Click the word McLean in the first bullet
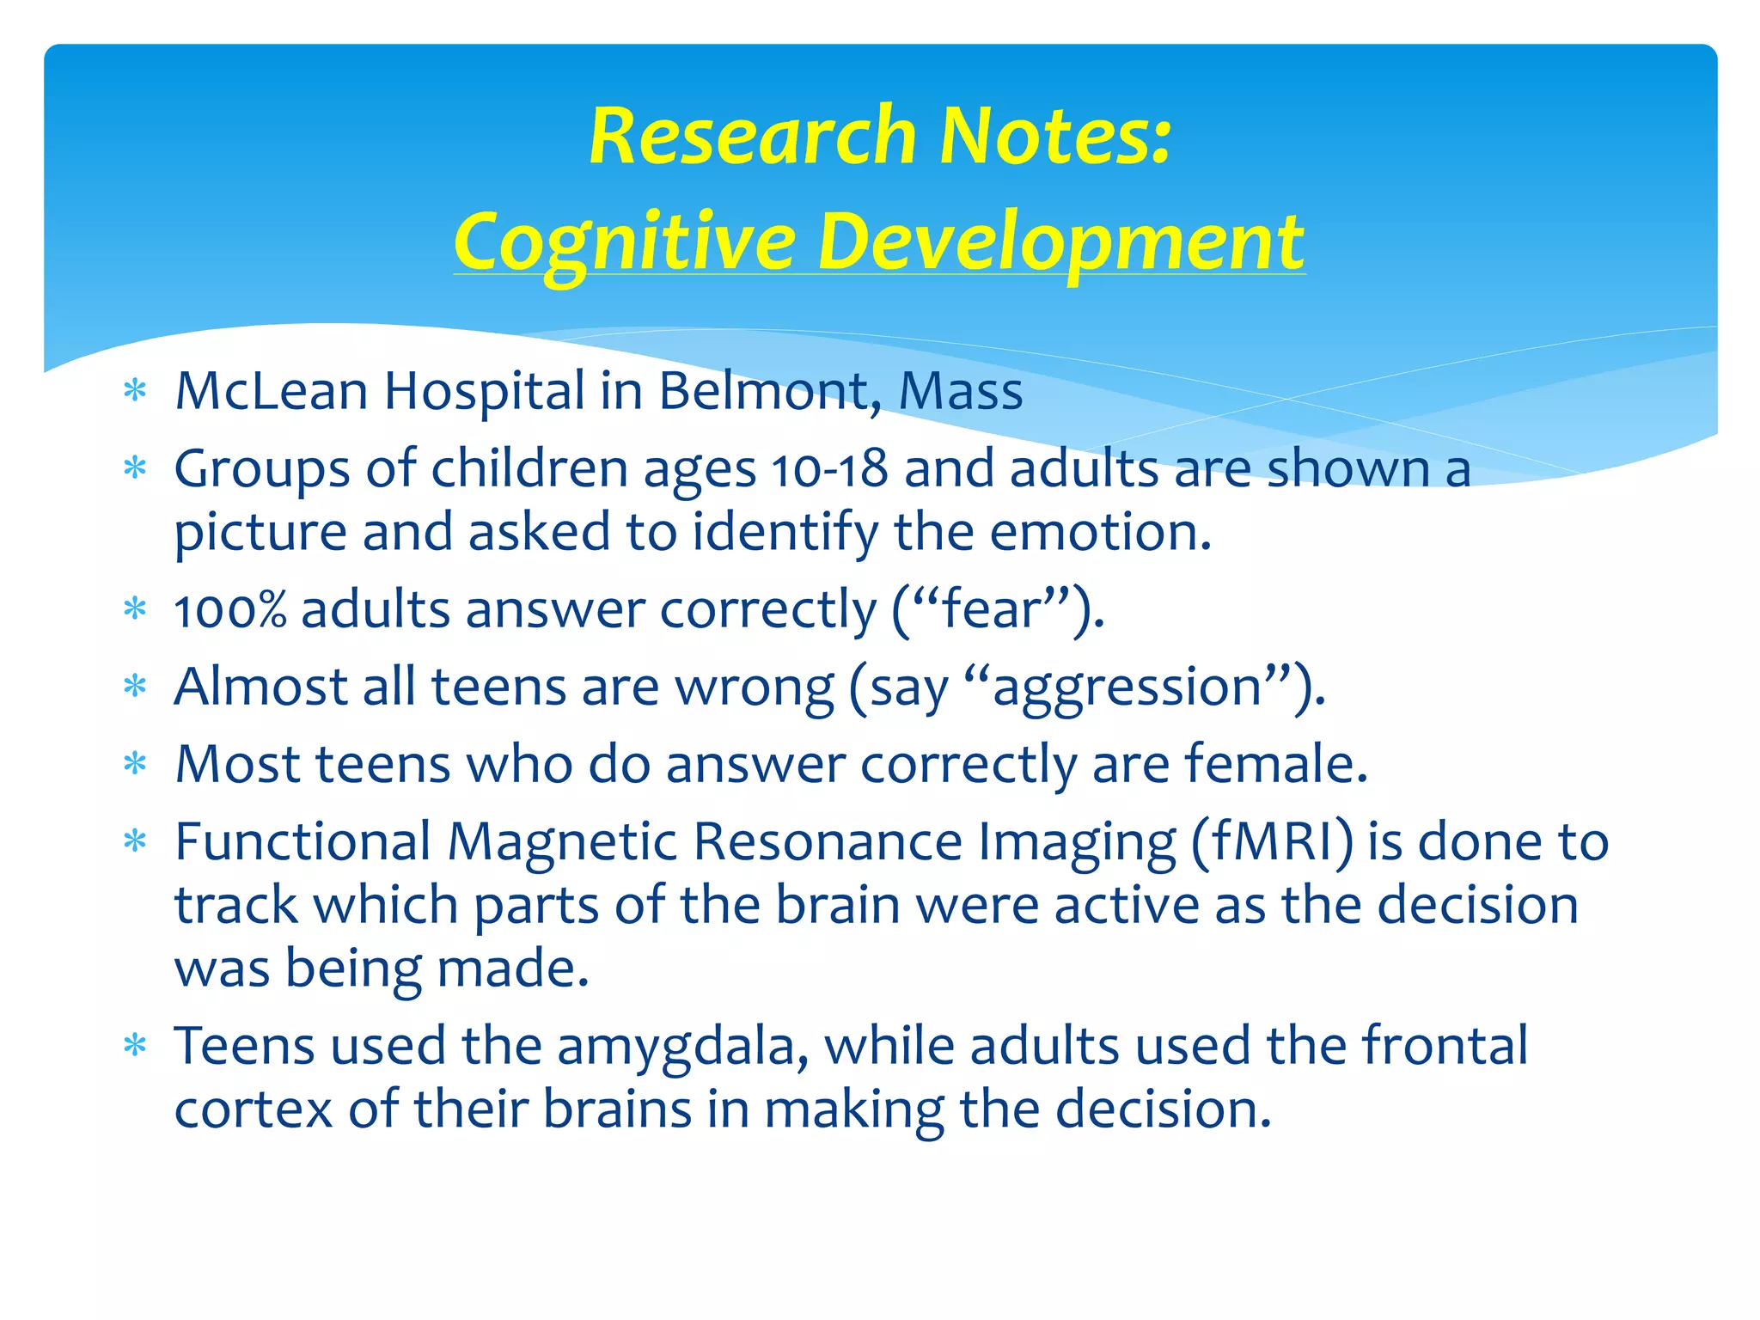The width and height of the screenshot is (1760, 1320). point(272,391)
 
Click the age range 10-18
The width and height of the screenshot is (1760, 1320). point(829,470)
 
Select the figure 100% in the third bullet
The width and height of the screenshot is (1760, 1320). point(229,610)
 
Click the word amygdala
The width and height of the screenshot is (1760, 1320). point(682,1046)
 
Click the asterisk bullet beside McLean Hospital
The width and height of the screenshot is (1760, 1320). point(136,392)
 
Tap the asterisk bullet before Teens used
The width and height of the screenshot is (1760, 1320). point(136,1046)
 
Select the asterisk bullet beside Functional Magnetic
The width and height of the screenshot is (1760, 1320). point(136,841)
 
